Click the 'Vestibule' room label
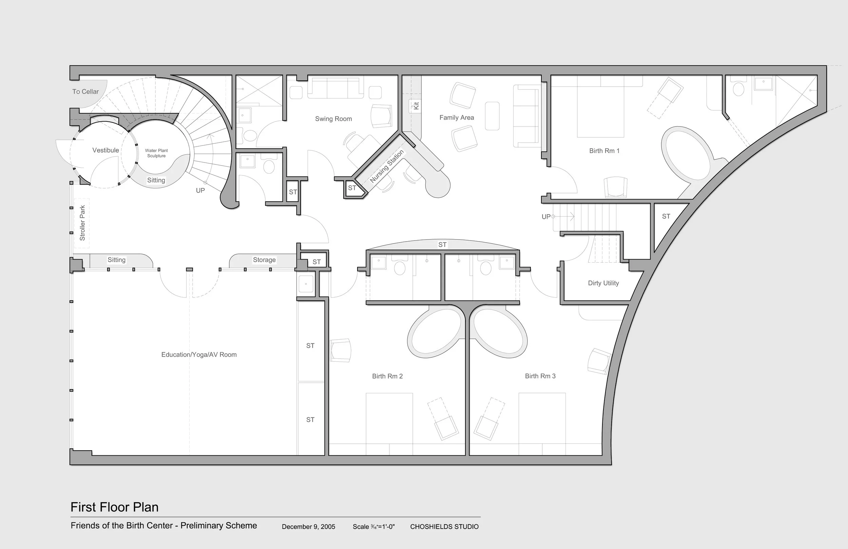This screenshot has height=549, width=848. coord(105,150)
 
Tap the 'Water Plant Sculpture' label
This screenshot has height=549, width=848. coord(156,153)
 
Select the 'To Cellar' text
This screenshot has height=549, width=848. coord(85,92)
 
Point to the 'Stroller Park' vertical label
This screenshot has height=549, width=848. coord(82,223)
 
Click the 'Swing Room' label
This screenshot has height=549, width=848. coord(333,119)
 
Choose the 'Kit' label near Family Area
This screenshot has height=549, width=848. coord(416,106)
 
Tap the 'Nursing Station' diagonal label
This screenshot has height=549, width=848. coord(387,166)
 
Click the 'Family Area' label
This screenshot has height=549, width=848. coord(457,118)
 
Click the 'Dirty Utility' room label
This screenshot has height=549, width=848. coord(603,283)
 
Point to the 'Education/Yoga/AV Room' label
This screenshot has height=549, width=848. coord(199,355)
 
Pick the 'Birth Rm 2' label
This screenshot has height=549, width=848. coord(387,376)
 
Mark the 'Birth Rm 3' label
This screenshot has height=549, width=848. coord(540,376)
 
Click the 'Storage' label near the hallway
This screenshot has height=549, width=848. coord(264,260)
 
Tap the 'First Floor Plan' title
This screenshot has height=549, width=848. coord(114,507)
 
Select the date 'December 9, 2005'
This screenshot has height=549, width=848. coord(309,527)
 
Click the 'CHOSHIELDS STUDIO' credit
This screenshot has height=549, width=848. coord(444,527)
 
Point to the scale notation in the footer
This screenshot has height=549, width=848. coord(374,527)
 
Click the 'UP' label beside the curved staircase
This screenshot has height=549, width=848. coord(200,190)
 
